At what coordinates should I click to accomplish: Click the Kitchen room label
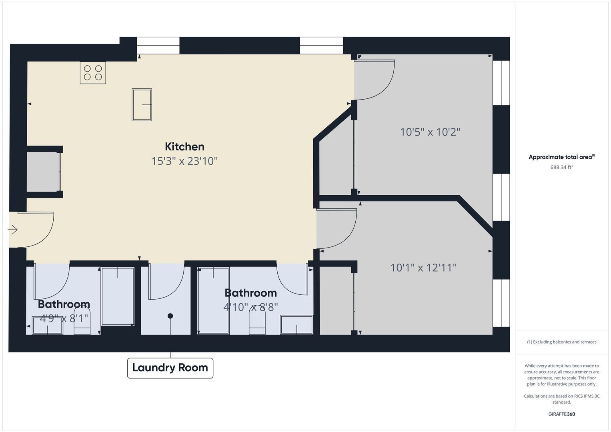point(185,147)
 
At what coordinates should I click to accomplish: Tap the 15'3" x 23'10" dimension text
point(185,161)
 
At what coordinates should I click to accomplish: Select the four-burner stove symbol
point(93,73)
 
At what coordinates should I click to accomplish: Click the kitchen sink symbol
point(142,105)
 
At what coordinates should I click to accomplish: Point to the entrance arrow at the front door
point(12,230)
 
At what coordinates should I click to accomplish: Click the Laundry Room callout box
point(170,368)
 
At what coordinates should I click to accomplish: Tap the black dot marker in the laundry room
point(170,316)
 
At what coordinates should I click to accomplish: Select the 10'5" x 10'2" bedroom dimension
point(430,132)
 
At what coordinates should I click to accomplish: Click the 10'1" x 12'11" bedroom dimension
point(424,268)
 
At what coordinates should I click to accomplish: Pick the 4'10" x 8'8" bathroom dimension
point(250,307)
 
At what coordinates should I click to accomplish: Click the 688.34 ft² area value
point(562,167)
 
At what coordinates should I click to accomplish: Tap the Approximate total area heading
point(562,157)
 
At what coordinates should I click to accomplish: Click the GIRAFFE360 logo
point(562,414)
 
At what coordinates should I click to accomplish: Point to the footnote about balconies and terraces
point(562,342)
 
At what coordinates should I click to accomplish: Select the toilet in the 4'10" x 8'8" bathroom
point(257,323)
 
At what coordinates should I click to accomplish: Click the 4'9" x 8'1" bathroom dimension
point(64,318)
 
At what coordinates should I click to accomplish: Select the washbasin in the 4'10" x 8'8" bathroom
point(296,324)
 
